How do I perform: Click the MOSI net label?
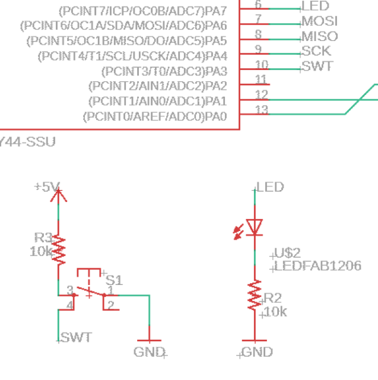tap(319, 21)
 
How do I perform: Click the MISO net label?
tap(319, 36)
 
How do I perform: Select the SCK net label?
tap(316, 51)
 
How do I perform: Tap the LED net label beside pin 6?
tap(315, 7)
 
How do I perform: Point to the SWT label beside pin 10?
tap(317, 66)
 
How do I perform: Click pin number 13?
tap(261, 109)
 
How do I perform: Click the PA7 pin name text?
tap(143, 11)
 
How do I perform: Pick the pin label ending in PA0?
tap(154, 116)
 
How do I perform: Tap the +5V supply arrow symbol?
tap(58, 194)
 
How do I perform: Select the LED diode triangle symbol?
tap(255, 227)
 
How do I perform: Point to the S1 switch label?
tap(113, 280)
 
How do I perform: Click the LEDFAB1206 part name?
tap(317, 266)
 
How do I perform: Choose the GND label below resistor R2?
tap(257, 352)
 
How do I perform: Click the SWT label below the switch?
tap(77, 338)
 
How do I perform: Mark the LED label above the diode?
tap(270, 188)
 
